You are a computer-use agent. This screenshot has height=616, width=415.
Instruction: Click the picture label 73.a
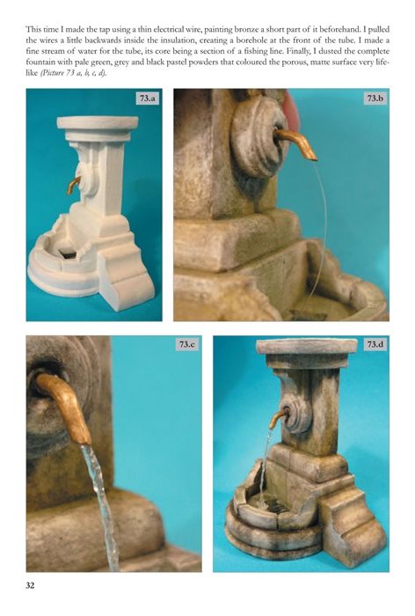(147, 99)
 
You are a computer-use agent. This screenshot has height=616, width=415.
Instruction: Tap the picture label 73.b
(375, 99)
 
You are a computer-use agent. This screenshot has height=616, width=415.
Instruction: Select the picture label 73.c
(187, 345)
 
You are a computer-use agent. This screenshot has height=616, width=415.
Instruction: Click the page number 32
(30, 585)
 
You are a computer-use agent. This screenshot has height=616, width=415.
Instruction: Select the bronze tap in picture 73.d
(279, 417)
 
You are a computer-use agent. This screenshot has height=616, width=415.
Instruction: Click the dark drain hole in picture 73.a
(66, 253)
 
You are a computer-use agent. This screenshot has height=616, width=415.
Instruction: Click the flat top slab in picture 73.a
(98, 122)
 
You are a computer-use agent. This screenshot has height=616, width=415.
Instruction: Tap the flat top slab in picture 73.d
(307, 346)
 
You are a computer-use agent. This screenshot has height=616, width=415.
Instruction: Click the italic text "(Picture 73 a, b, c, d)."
(73, 73)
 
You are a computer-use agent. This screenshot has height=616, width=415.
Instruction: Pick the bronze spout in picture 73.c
(65, 407)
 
